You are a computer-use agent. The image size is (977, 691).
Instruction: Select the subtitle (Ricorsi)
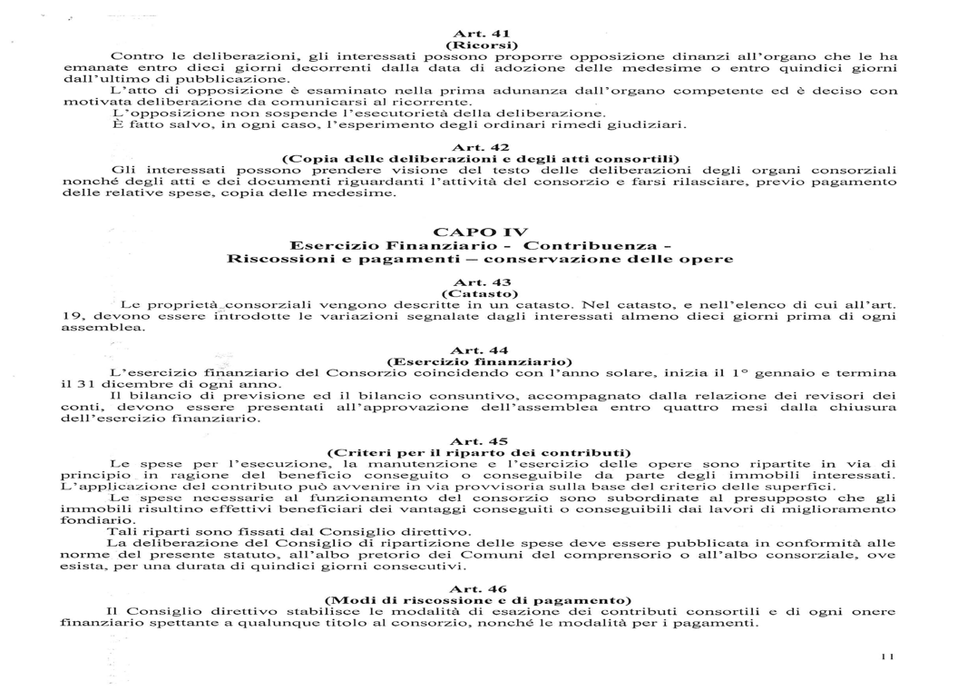pos(480,44)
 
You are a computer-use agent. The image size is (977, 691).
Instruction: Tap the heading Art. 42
pos(480,147)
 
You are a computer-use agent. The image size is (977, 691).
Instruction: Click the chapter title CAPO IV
pos(480,232)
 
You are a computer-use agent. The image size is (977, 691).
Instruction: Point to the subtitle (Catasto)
pos(480,293)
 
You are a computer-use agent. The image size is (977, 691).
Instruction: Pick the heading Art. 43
pos(480,281)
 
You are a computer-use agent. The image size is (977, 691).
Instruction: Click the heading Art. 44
pos(480,350)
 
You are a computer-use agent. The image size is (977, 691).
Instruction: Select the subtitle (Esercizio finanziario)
pos(480,361)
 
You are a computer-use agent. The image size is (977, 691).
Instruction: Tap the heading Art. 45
pos(480,440)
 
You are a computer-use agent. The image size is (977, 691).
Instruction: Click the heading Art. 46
pos(480,588)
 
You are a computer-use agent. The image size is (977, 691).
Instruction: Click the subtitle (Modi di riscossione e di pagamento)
pos(480,600)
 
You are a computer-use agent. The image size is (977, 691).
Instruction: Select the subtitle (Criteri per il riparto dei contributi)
pos(480,452)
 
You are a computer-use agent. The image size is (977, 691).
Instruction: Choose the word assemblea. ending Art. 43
pos(90,328)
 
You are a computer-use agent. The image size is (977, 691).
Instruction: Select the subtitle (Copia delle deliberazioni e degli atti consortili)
pos(480,159)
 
